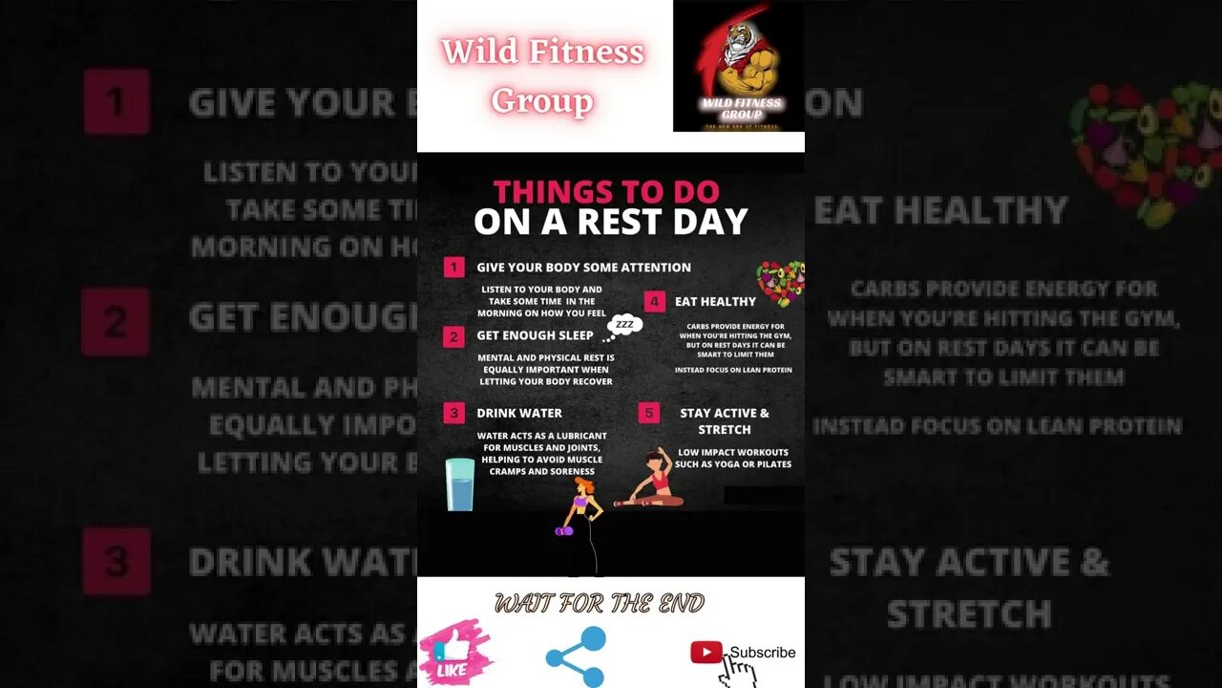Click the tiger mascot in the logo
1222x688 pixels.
[x=738, y=57]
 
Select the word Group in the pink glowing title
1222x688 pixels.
[x=542, y=100]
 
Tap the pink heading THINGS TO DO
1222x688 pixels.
[x=606, y=191]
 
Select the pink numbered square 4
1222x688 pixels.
[x=654, y=302]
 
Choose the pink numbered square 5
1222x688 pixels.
[x=649, y=413]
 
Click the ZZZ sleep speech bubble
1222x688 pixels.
[x=624, y=326]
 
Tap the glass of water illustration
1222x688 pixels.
[x=460, y=484]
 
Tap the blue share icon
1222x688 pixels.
[x=576, y=656]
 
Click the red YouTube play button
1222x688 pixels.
[x=706, y=653]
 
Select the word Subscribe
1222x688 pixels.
[x=763, y=653]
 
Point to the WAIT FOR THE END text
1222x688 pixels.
[x=600, y=603]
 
